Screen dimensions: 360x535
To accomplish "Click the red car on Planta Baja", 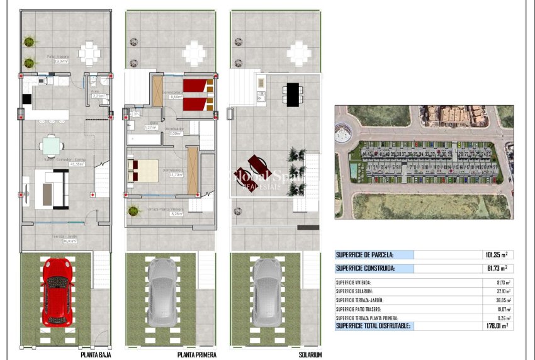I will point(57,291).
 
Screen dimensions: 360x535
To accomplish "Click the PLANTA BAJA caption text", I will point(97,354).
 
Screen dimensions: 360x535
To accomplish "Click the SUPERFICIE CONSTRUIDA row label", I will point(364,268).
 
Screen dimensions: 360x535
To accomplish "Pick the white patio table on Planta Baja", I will point(89,53).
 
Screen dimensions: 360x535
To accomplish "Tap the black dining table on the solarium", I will point(293,94).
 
